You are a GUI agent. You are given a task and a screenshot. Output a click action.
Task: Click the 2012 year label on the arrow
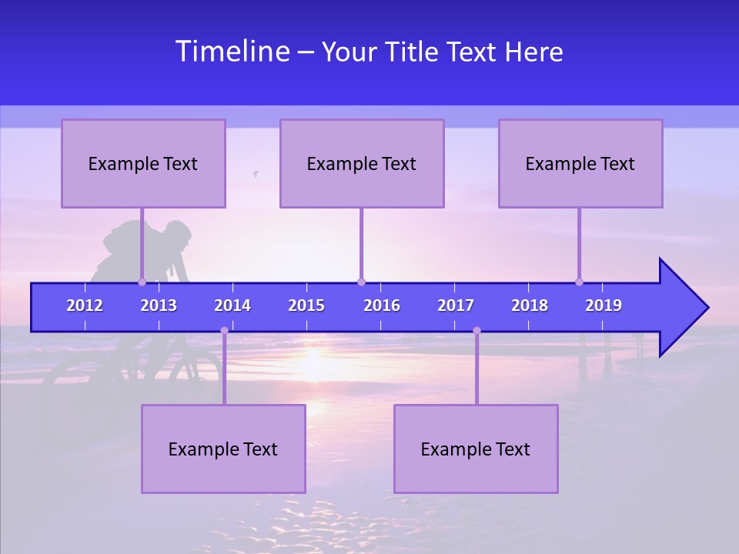pyautogui.click(x=85, y=305)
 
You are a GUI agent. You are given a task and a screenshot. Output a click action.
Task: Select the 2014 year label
pyautogui.click(x=232, y=305)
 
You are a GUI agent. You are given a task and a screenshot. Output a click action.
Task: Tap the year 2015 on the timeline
pyautogui.click(x=306, y=305)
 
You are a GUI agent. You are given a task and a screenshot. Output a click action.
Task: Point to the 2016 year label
pyautogui.click(x=382, y=305)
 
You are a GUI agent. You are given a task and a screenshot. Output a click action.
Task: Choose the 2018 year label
pyautogui.click(x=530, y=305)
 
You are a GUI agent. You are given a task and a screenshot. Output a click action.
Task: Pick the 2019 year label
pyautogui.click(x=604, y=305)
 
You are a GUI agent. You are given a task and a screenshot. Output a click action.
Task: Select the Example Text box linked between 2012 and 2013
pyautogui.click(x=143, y=163)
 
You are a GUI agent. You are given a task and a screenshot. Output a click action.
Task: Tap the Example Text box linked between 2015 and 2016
pyautogui.click(x=362, y=163)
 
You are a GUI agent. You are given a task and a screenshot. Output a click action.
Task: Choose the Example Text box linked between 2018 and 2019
pyautogui.click(x=580, y=163)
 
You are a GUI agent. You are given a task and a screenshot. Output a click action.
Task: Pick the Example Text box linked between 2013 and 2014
pyautogui.click(x=223, y=449)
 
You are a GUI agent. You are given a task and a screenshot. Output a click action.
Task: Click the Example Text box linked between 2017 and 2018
pyautogui.click(x=476, y=449)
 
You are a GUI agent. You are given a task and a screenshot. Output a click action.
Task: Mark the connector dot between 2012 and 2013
pyautogui.click(x=142, y=282)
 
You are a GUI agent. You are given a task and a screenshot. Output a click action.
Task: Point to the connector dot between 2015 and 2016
pyautogui.click(x=361, y=282)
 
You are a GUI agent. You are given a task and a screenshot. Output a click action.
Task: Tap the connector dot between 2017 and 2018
pyautogui.click(x=477, y=330)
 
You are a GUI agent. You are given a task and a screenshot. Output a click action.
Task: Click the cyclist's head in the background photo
pyautogui.click(x=178, y=233)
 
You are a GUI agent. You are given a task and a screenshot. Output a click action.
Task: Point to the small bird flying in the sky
pyautogui.click(x=255, y=174)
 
